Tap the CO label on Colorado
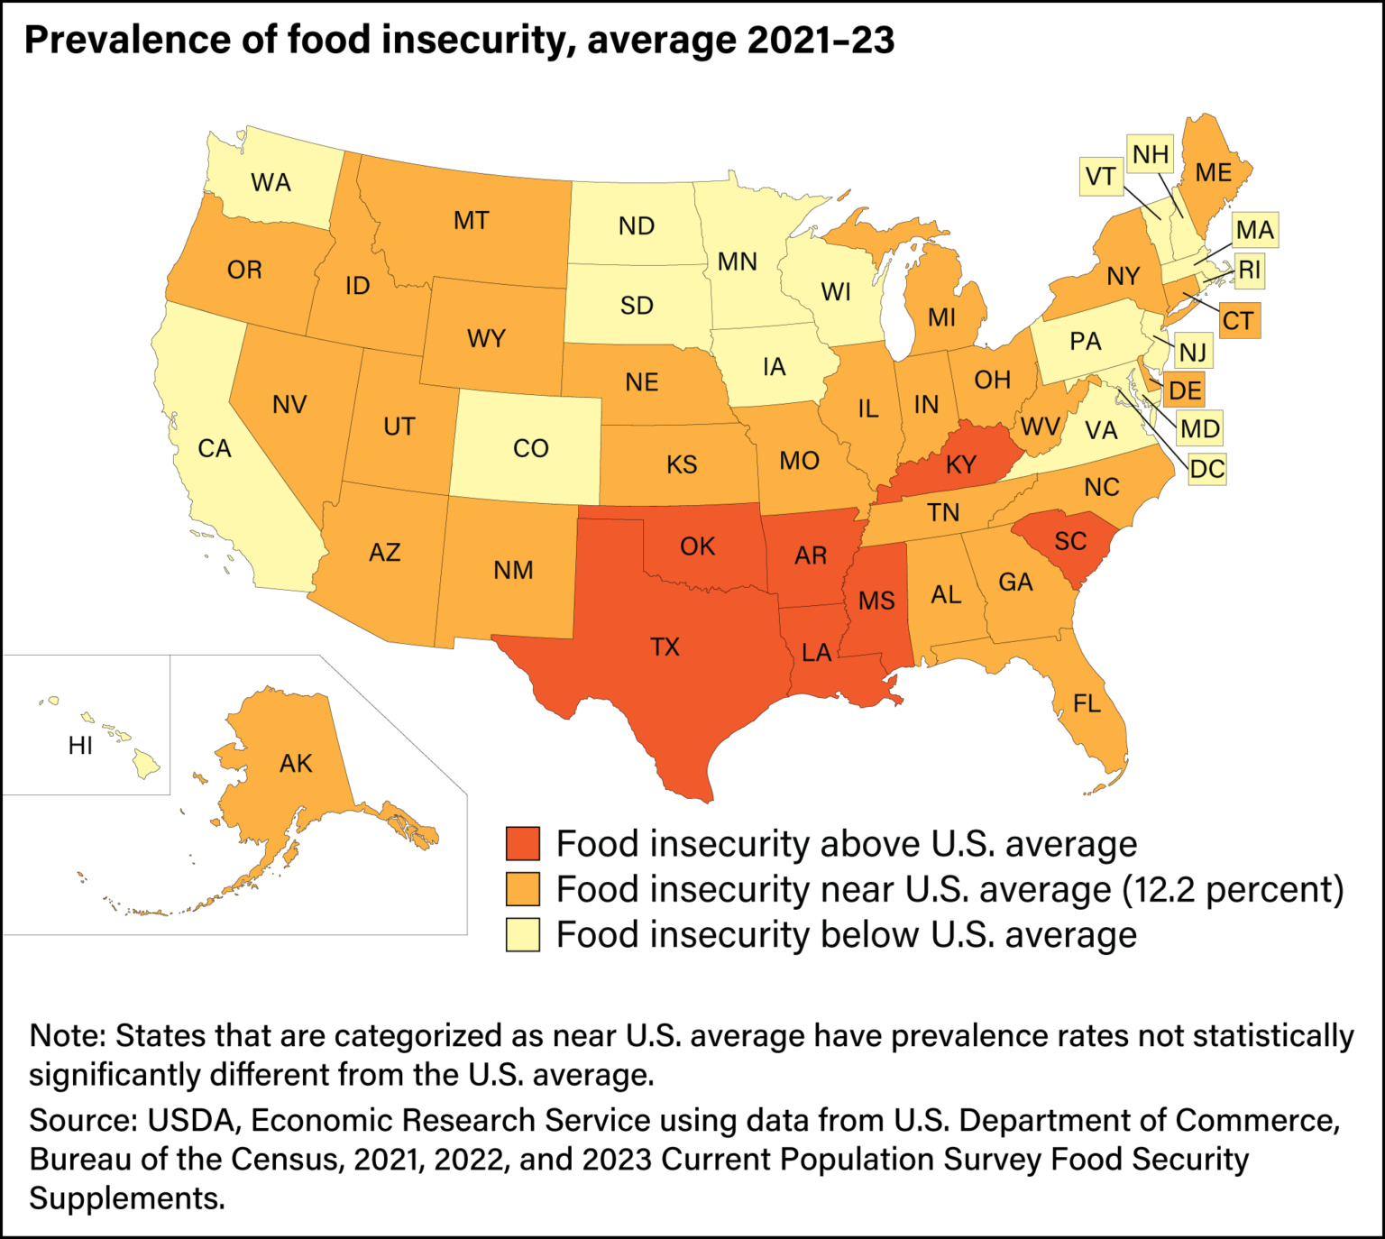(530, 448)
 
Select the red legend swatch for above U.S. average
(523, 843)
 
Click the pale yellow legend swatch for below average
(523, 934)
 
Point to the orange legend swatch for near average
(523, 889)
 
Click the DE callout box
(1184, 390)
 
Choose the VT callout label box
(1100, 177)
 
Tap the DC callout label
(1206, 469)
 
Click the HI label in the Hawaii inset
(80, 746)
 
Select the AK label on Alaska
(296, 764)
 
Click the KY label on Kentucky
(961, 464)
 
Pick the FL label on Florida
(1087, 702)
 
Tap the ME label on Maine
(1213, 172)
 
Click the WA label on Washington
(271, 182)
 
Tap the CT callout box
(1237, 321)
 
